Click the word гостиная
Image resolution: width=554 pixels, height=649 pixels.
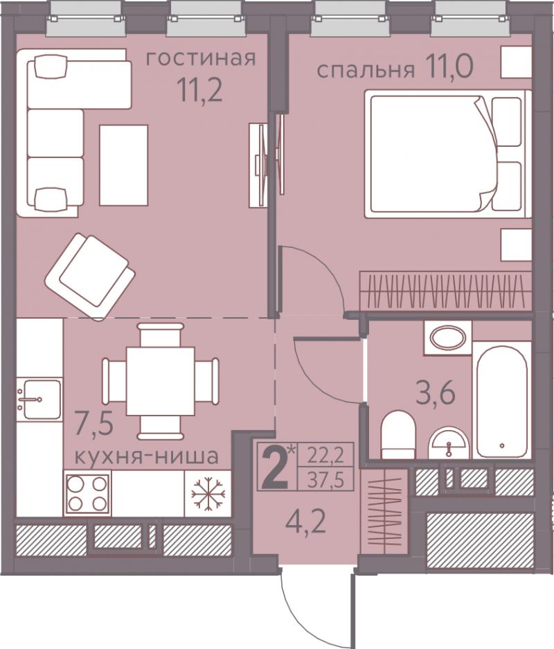click(x=201, y=58)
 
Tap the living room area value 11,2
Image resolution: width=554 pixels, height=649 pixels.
click(x=200, y=91)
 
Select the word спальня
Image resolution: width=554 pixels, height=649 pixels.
click(x=366, y=71)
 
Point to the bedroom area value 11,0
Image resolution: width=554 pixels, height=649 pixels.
click(x=447, y=67)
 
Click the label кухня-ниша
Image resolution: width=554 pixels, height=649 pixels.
click(x=146, y=456)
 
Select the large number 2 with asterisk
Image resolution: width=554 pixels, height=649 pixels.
click(x=278, y=467)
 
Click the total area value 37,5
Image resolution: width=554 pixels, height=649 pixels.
click(x=325, y=481)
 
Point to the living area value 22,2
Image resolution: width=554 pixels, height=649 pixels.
click(x=325, y=457)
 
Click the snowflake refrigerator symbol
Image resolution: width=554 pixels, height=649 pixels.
click(x=208, y=493)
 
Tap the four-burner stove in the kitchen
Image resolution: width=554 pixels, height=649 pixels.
click(x=87, y=493)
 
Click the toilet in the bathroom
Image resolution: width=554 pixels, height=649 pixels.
click(x=398, y=434)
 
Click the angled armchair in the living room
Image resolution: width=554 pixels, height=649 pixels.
click(x=90, y=276)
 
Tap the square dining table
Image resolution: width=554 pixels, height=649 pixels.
click(x=160, y=381)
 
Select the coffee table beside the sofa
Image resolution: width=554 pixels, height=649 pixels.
click(x=124, y=165)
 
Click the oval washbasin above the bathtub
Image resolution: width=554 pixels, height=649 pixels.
click(x=447, y=338)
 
